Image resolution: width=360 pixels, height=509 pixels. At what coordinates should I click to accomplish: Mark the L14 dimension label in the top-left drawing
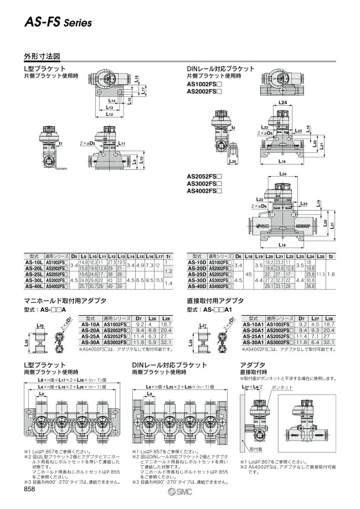112,101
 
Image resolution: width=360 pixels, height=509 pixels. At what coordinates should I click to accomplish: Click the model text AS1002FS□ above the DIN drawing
203,83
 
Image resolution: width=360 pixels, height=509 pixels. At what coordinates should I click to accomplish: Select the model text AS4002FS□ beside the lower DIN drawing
203,191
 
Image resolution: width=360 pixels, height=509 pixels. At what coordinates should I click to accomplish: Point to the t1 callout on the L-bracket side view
60,143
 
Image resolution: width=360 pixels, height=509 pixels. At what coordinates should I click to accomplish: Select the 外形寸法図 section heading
42,56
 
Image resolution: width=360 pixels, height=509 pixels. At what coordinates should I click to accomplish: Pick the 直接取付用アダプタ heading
216,300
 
